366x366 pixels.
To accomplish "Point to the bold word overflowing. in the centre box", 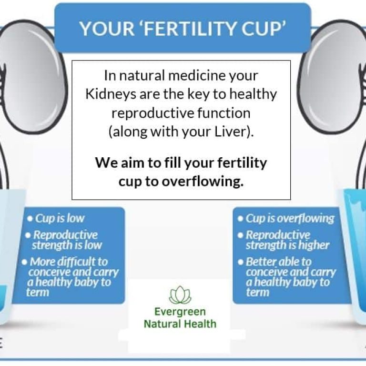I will [x=209, y=182].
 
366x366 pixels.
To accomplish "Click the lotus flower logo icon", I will [x=180, y=295].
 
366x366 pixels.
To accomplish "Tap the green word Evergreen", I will [x=180, y=312].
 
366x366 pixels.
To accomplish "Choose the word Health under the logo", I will [x=200, y=324].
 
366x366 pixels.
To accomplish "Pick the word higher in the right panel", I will [x=312, y=245].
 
